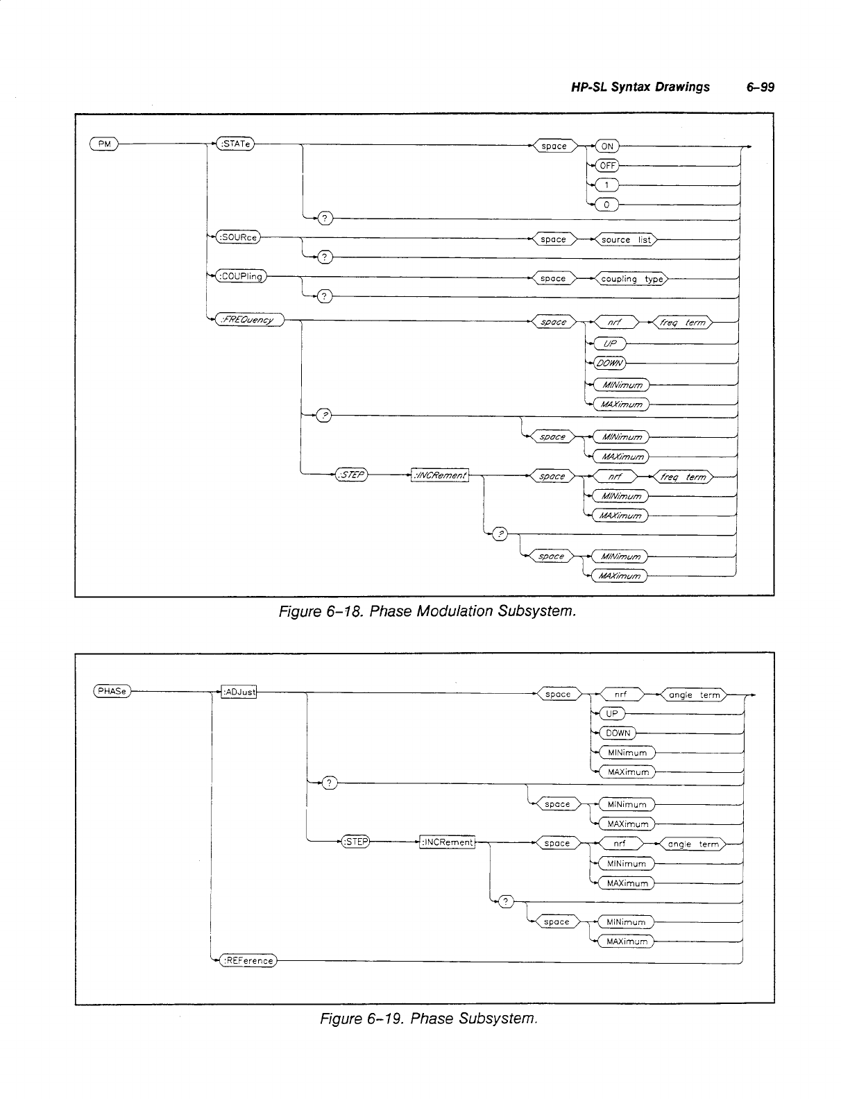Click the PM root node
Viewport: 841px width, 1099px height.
(x=104, y=144)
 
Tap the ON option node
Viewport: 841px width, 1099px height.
(x=607, y=146)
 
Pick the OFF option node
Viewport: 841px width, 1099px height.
(x=608, y=166)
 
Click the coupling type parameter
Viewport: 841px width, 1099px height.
(x=631, y=279)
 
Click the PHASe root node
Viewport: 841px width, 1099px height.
(x=112, y=691)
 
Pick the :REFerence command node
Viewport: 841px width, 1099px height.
(x=248, y=961)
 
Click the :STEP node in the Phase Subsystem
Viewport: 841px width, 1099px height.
(x=355, y=842)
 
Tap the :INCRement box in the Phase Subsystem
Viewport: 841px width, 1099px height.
(x=448, y=842)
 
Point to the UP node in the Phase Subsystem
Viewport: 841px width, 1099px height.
(x=611, y=714)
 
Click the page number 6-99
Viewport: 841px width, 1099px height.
(x=760, y=87)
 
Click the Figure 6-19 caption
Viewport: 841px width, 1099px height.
(x=428, y=1019)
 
